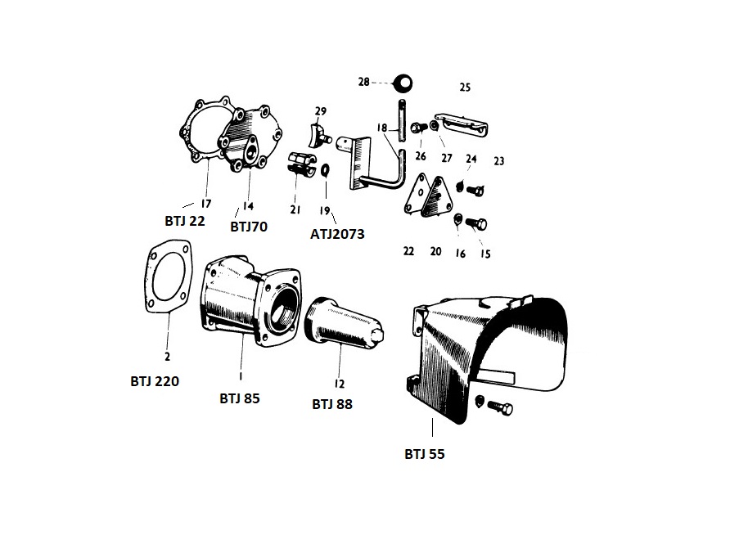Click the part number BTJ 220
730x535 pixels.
(155, 381)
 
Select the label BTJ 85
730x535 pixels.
(239, 398)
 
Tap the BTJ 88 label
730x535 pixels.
(332, 404)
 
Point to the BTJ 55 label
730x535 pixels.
(425, 453)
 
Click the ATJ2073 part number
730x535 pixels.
(337, 233)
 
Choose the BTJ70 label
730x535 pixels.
(249, 227)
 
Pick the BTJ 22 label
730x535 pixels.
(185, 221)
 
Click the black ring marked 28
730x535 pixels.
(403, 83)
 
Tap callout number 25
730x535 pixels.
(465, 87)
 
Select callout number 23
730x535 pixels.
(498, 161)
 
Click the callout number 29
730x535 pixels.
(320, 111)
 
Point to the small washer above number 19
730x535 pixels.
(326, 170)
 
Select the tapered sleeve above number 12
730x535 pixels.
(345, 324)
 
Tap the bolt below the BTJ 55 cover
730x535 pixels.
(501, 407)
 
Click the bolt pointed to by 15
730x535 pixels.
(476, 223)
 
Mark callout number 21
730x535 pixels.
(295, 209)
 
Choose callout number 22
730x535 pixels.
(408, 251)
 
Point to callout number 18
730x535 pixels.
(381, 128)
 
